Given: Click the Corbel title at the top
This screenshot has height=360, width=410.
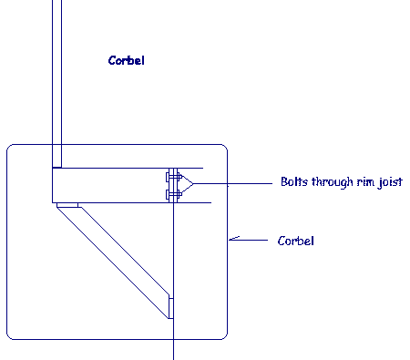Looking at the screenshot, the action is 127,61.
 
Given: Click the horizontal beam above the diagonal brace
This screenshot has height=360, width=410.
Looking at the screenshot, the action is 109,186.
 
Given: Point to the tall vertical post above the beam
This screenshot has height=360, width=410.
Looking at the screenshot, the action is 57,82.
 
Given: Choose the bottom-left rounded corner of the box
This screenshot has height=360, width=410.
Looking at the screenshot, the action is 12,334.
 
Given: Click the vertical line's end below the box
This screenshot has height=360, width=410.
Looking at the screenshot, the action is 171,356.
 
